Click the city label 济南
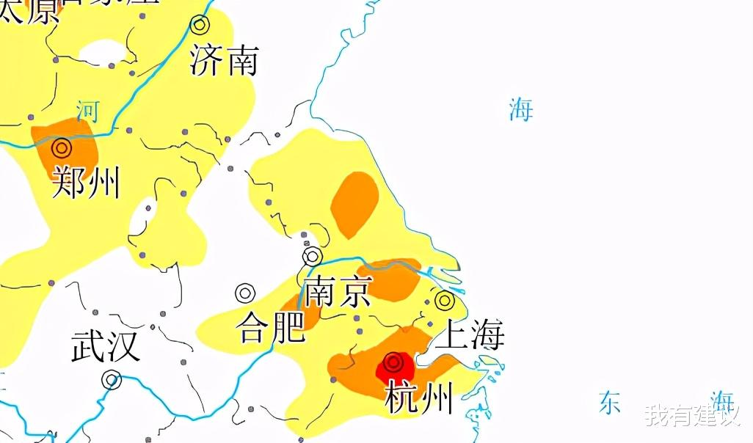(x=224, y=60)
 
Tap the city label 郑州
(x=87, y=183)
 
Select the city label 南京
(x=338, y=290)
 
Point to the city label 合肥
(x=270, y=327)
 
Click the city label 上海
(x=470, y=334)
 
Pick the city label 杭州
(x=418, y=398)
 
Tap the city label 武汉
(x=106, y=345)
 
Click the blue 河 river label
(x=87, y=111)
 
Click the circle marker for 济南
(x=200, y=24)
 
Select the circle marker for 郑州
(x=62, y=149)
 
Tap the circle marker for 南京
(x=313, y=256)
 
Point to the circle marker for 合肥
(x=245, y=293)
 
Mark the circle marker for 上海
(x=444, y=300)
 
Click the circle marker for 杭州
(x=394, y=362)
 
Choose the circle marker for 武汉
(x=112, y=380)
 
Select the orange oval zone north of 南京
(x=354, y=204)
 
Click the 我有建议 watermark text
(x=691, y=415)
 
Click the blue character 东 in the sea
(x=610, y=403)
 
